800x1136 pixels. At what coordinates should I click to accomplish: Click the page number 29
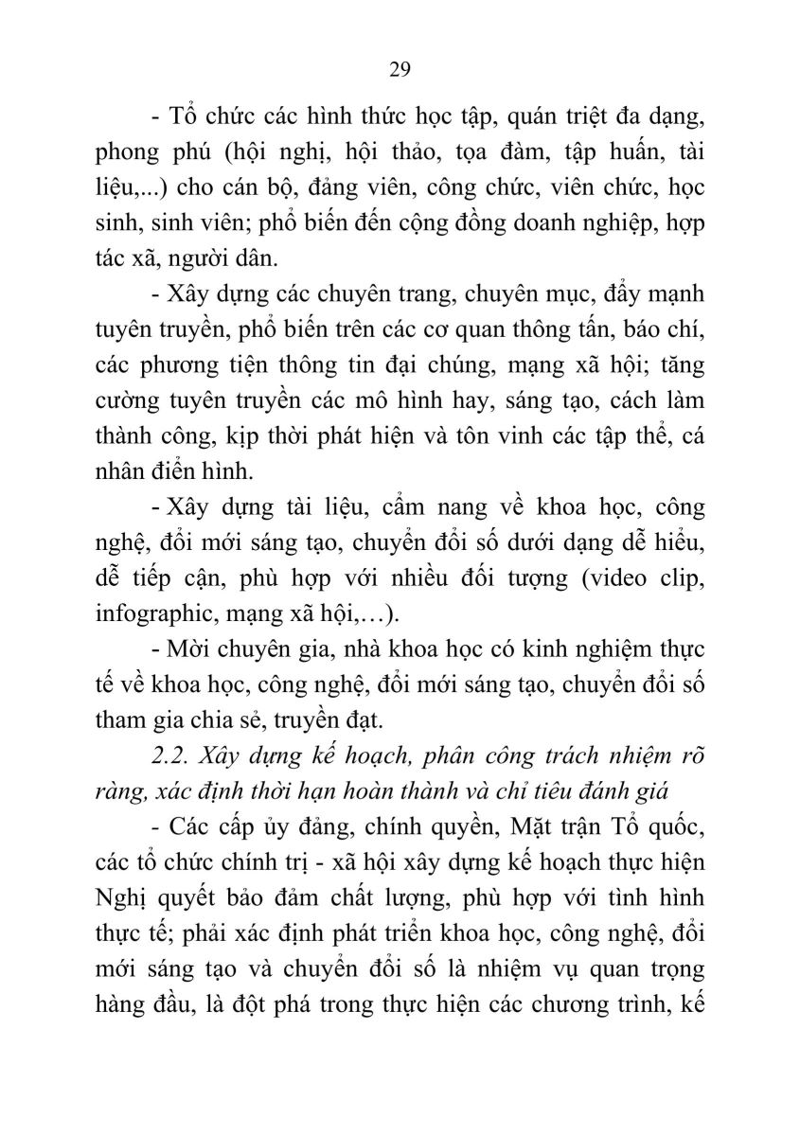click(x=399, y=69)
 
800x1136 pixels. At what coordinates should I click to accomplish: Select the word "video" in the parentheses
click(x=601, y=577)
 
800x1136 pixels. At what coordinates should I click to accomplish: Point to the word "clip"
click(x=676, y=577)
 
